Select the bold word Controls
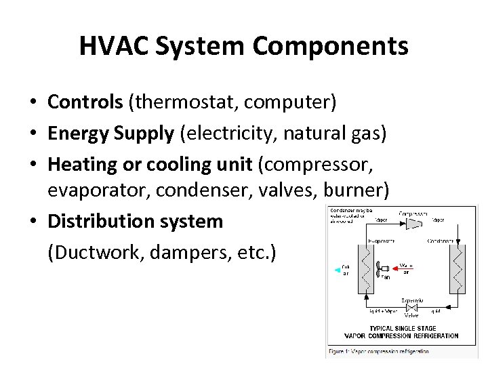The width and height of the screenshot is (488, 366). point(83,102)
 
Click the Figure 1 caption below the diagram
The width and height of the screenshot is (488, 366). point(380,351)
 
